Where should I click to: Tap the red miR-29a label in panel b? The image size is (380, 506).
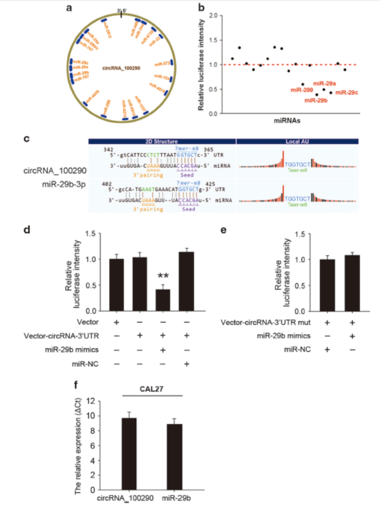(325, 84)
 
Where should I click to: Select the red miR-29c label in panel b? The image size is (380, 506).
(346, 92)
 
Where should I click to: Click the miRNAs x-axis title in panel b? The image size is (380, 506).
(288, 122)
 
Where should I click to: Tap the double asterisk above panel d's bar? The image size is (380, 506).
(163, 277)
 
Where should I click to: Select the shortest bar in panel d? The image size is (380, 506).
(163, 300)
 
